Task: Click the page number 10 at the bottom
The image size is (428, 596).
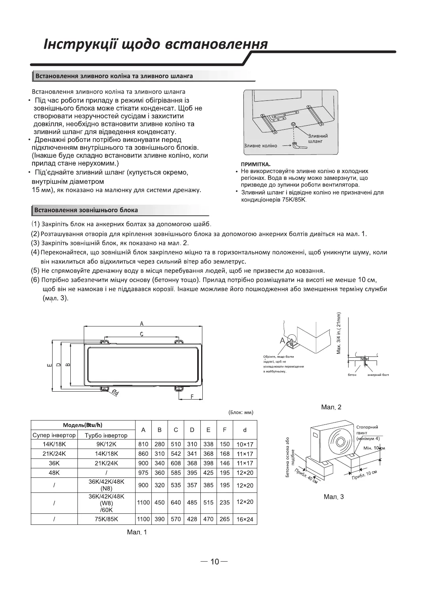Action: coord(214,562)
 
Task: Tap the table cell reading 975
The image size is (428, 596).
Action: coord(143,473)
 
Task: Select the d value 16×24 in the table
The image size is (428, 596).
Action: coord(245,519)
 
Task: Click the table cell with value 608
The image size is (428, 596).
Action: coord(176,463)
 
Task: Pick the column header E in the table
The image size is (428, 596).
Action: coord(208,430)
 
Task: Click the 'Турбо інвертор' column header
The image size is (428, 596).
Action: coord(106,435)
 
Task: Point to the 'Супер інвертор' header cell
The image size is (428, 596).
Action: coord(54,435)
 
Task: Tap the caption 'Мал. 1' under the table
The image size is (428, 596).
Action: coord(137,532)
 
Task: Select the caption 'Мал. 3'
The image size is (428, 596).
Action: coord(334,496)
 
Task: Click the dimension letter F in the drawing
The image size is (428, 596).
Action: coord(192,397)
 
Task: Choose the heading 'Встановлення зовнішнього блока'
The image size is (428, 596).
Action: coord(86,209)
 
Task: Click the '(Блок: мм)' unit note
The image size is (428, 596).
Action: coord(241,413)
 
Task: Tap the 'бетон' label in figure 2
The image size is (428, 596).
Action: coord(352,375)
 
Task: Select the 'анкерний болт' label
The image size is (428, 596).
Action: coord(378,375)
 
